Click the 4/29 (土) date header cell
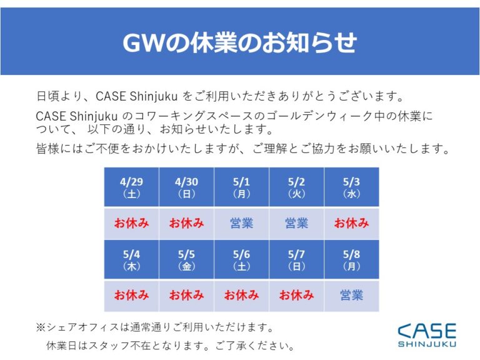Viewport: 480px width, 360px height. tap(132, 187)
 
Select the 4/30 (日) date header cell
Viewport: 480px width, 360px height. tap(186, 187)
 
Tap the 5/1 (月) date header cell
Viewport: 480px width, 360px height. tap(241, 187)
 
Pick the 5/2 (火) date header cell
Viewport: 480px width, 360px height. tap(296, 187)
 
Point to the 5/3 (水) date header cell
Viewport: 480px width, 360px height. tap(351, 187)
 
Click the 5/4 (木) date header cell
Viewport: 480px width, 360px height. tap(132, 259)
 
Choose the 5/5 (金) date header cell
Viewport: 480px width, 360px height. tap(186, 259)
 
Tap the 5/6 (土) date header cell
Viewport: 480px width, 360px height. tap(241, 259)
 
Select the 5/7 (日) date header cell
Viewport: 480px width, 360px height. tap(296, 259)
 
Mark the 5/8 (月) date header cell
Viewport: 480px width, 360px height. tap(351, 259)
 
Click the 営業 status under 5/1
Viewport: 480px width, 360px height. tap(241, 223)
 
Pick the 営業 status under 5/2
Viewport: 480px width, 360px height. tap(296, 223)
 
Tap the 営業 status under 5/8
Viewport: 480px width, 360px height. tap(351, 296)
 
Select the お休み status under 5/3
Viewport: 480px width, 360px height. tap(351, 223)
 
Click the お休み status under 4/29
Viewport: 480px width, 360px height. tap(132, 223)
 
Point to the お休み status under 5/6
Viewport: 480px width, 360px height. tap(241, 296)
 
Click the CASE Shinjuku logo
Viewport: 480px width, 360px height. tap(427, 335)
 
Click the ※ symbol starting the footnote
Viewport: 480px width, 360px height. tap(41, 327)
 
